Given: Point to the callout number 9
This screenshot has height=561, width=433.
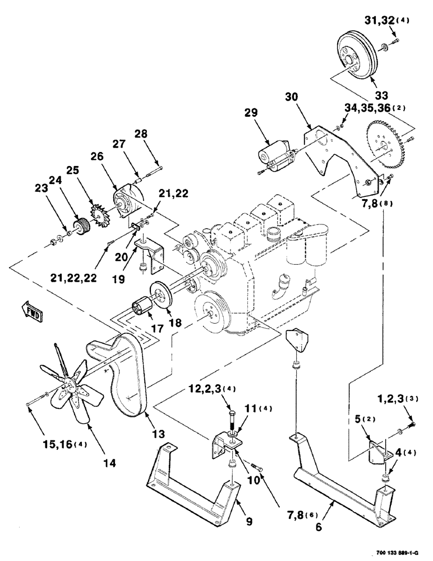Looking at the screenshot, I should [x=249, y=521].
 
